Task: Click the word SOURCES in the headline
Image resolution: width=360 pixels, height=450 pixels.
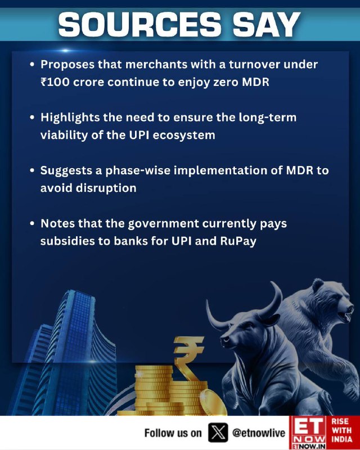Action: tap(140, 24)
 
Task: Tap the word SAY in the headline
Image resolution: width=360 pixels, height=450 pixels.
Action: tap(267, 24)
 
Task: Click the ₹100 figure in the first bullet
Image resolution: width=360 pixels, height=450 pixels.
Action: tap(55, 82)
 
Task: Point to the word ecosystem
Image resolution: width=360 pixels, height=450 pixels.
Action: tap(184, 135)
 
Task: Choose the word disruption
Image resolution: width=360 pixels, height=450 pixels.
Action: tap(106, 188)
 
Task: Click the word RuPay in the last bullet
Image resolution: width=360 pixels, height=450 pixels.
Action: tap(238, 241)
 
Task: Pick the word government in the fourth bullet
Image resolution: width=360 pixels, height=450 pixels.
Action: tap(163, 224)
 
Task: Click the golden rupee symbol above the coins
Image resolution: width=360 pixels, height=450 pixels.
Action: tap(188, 357)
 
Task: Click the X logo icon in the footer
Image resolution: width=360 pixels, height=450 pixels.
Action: tap(218, 433)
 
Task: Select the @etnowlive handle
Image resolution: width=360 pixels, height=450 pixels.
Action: tap(259, 433)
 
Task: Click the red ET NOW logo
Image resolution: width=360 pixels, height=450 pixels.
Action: tap(309, 433)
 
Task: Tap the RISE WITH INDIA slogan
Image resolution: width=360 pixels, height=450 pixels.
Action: tap(341, 430)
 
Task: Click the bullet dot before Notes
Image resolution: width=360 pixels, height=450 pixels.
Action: tap(32, 223)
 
